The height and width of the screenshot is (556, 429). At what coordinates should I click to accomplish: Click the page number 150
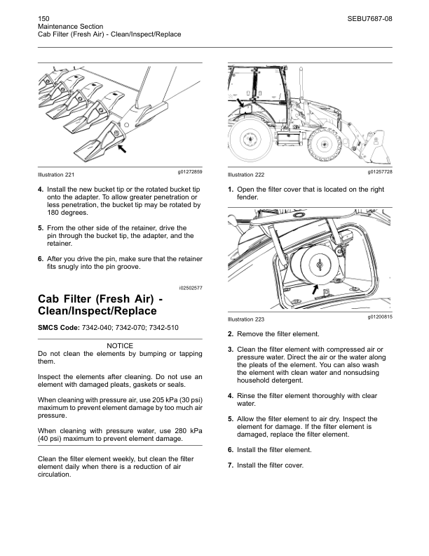[43, 15]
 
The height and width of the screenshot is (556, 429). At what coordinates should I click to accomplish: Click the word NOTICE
[120, 346]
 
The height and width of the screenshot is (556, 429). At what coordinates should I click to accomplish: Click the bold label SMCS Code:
[59, 328]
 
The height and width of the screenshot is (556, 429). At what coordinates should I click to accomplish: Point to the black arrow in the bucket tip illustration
[121, 149]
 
